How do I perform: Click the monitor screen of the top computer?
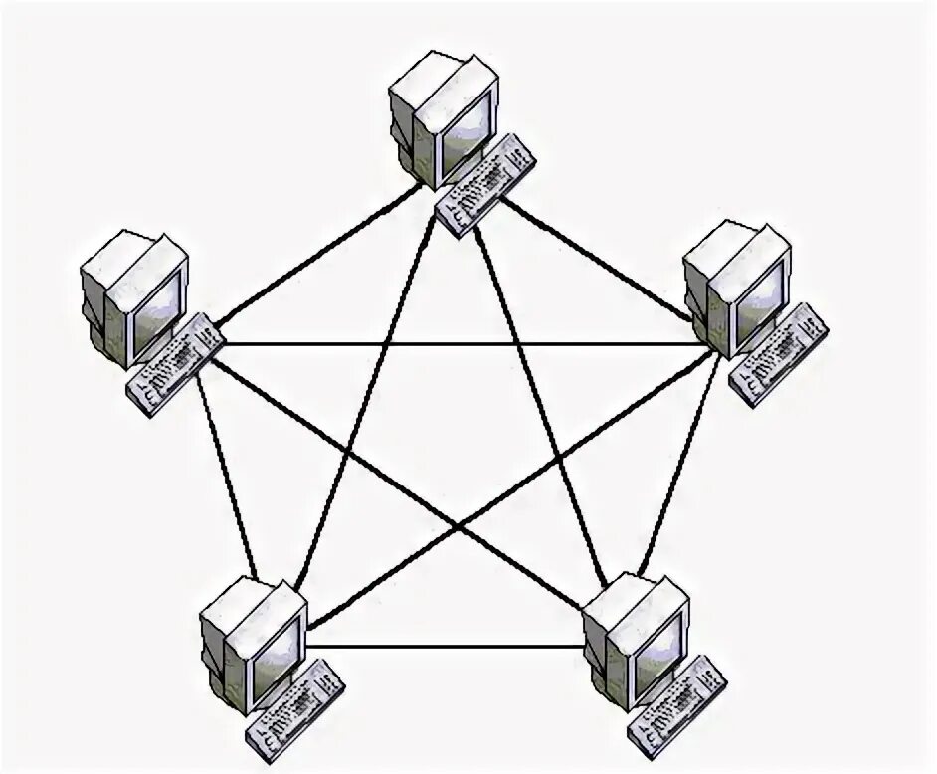[x=468, y=129]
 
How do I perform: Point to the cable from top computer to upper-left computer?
[x=318, y=257]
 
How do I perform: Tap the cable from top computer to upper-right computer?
[x=597, y=261]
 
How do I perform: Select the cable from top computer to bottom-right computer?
[x=542, y=398]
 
